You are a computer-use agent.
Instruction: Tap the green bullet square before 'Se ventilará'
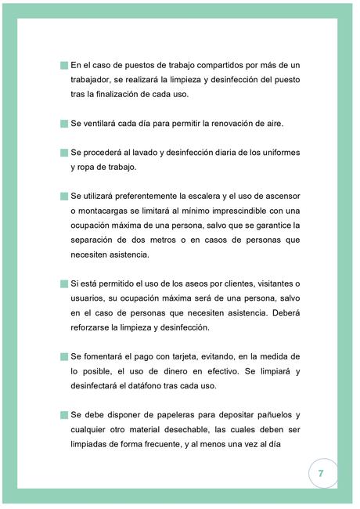[64, 124]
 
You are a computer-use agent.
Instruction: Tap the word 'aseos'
[186, 283]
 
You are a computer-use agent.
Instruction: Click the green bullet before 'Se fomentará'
[64, 356]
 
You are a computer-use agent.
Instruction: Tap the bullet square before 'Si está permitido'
[64, 283]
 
